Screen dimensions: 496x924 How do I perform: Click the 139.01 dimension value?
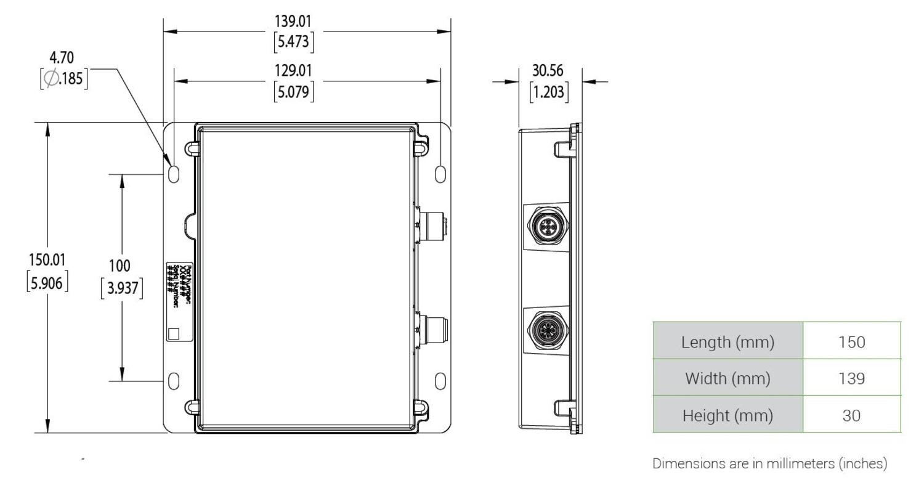pos(293,22)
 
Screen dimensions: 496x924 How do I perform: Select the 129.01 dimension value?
pos(293,71)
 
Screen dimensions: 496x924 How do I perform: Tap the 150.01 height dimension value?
pos(47,259)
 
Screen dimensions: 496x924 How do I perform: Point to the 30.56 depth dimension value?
pos(548,71)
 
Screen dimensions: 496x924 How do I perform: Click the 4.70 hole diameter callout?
pos(62,58)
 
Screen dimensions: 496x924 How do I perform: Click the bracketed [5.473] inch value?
pos(293,43)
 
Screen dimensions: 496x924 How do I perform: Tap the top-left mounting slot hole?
pos(174,174)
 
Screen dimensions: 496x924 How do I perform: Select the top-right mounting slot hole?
pos(440,174)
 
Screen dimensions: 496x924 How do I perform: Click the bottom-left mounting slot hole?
pos(174,381)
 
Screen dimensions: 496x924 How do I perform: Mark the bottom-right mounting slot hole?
pos(440,381)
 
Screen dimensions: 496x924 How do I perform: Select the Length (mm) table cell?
pos(727,341)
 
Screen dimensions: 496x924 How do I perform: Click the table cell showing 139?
pos(851,378)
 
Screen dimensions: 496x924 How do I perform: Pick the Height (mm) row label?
pos(727,415)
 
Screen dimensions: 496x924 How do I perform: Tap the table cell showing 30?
pos(851,415)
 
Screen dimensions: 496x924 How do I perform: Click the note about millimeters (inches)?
pos(769,463)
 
